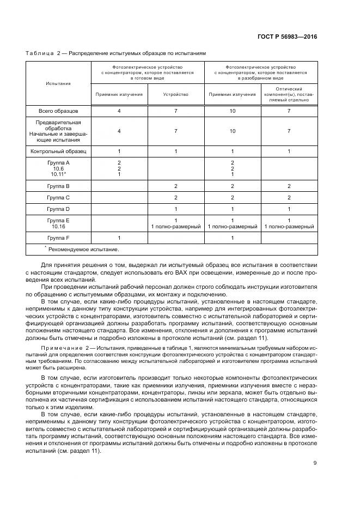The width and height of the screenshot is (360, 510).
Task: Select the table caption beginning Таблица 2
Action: pos(116,53)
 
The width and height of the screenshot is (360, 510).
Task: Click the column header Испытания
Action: pos(58,83)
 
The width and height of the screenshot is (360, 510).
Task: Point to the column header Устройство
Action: pos(176,94)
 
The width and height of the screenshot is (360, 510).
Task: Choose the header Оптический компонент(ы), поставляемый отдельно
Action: pos(289,94)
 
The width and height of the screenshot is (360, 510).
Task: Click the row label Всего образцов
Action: pos(58,111)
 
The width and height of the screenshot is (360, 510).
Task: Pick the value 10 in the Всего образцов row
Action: pos(233,111)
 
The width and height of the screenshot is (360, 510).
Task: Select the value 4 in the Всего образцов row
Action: pos(119,111)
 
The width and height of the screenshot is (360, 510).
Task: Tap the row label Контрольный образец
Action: pos(58,151)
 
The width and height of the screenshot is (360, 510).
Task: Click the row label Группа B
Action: pos(58,186)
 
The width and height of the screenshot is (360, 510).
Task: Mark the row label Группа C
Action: pos(58,197)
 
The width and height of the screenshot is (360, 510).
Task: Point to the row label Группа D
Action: pos(58,209)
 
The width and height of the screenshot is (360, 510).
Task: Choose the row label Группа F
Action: pos(58,238)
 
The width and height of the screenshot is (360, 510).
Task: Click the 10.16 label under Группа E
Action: pos(58,226)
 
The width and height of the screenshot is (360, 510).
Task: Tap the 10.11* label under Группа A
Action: pos(58,174)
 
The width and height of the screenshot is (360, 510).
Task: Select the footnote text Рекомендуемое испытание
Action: pos(83,249)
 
